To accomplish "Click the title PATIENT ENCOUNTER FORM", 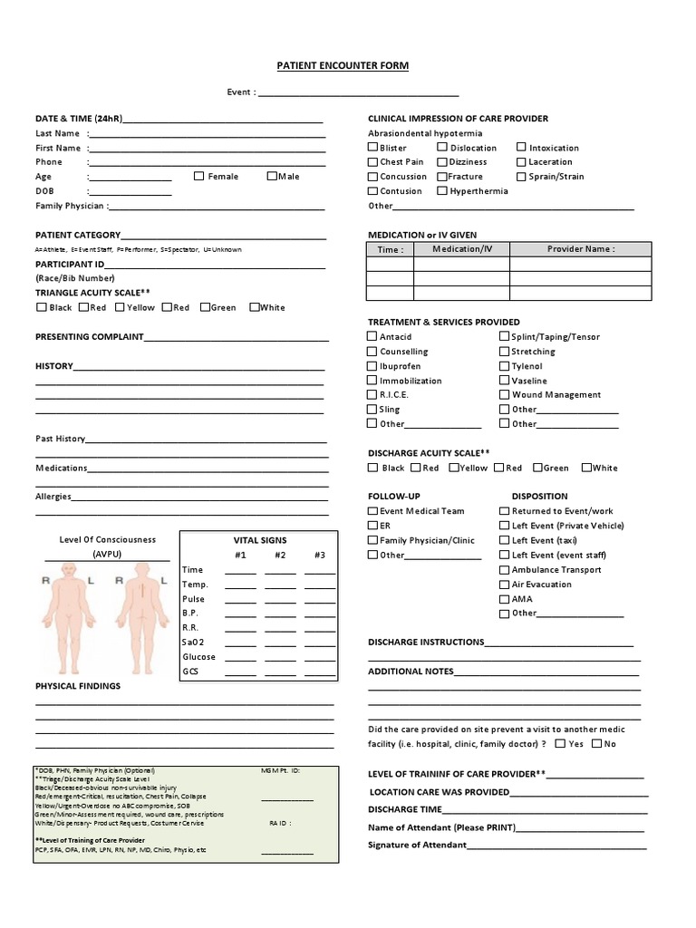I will (x=343, y=66).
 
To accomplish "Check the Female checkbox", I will (x=198, y=176).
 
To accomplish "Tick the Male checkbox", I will (x=272, y=176).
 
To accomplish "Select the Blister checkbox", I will (x=372, y=147).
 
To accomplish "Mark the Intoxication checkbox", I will (x=522, y=147).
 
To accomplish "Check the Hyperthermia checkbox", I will (x=442, y=190).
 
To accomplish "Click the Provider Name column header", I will (x=580, y=249).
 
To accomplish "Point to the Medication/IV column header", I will (x=462, y=249).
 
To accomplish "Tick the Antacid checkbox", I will (x=372, y=336).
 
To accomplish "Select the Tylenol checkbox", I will (x=505, y=366).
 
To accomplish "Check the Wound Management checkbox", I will (x=505, y=394).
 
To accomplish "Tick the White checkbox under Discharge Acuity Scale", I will (x=586, y=468).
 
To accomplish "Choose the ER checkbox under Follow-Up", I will (x=372, y=526).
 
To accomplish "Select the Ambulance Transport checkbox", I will (x=505, y=569).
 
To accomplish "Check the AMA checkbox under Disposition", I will (x=505, y=598).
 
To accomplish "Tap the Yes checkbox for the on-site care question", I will (x=561, y=743).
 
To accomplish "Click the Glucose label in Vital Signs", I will (x=198, y=657).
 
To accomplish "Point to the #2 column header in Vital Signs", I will (x=280, y=555).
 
